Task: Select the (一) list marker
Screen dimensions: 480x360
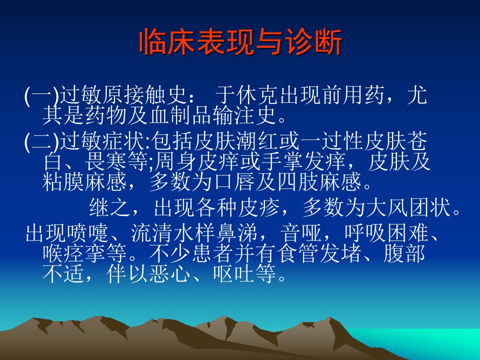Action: coord(41,96)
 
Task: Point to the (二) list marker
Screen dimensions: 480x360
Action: coord(41,141)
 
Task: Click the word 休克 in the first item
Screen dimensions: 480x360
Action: coord(257,95)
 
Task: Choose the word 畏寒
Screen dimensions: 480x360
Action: coord(106,161)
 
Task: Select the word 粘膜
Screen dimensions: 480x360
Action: coord(63,182)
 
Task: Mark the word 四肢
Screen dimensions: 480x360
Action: coord(298,182)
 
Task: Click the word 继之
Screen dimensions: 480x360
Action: coord(110,207)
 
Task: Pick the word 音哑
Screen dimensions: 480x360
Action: coord(301,233)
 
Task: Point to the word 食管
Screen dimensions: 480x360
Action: coord(299,253)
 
